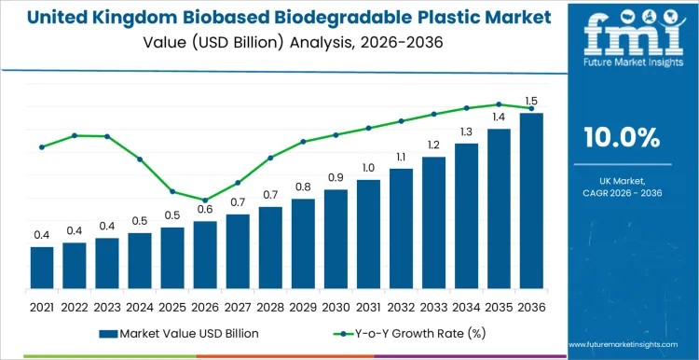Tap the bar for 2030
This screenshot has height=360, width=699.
point(336,239)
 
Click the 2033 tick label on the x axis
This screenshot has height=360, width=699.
point(433,306)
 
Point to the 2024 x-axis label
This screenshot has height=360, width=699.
point(140,306)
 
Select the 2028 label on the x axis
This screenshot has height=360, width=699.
point(270,306)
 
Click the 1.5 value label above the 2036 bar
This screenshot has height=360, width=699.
point(531,101)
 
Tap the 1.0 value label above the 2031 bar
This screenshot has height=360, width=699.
point(368,168)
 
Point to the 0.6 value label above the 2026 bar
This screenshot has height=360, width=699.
point(205,209)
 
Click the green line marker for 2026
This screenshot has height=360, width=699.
point(205,200)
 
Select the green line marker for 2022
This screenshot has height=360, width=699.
point(75,135)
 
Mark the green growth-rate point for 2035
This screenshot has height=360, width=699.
point(499,104)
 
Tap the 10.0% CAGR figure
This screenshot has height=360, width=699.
point(622,137)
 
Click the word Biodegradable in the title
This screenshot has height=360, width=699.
point(357,17)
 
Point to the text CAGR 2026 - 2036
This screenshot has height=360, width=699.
point(622,192)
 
